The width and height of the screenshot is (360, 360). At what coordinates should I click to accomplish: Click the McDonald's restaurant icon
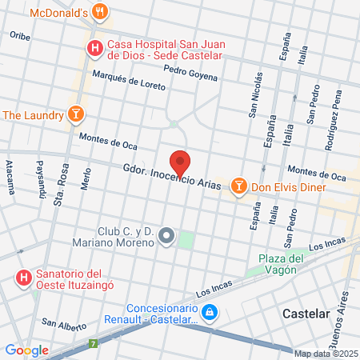tap(100, 13)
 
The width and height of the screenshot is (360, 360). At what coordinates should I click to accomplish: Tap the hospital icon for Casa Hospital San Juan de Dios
tap(95, 50)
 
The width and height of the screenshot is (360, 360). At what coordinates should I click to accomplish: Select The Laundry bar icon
tap(76, 114)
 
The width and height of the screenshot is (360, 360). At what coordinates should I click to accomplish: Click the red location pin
tap(181, 163)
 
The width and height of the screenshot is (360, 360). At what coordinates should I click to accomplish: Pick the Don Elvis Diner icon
tap(238, 186)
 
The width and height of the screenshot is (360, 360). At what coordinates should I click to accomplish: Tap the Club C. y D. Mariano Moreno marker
tap(166, 235)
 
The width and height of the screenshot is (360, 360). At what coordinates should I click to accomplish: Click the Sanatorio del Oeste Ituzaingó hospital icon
tap(25, 278)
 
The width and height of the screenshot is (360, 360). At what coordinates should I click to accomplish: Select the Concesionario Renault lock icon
tap(208, 311)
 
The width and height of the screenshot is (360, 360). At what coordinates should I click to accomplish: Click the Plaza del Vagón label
tap(281, 263)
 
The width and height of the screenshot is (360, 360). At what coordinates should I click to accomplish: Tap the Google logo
tap(26, 350)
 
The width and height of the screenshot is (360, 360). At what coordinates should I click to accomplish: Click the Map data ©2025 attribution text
tap(326, 354)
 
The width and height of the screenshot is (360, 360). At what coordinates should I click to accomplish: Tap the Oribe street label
tap(19, 36)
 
